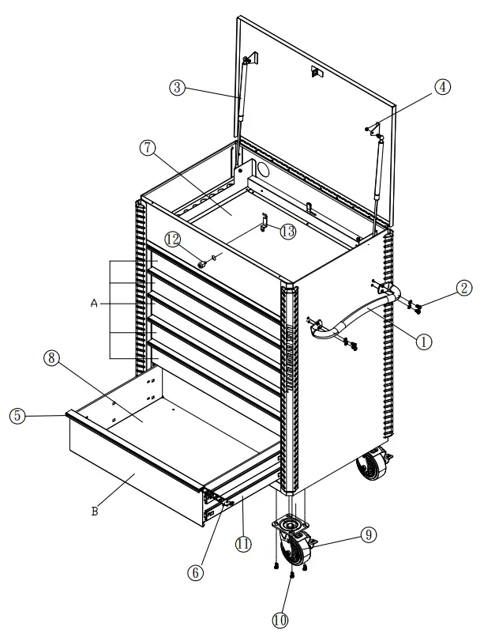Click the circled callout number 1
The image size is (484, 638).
click(x=423, y=342)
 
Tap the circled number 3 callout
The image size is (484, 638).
click(x=179, y=89)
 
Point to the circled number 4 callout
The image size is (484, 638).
click(x=443, y=89)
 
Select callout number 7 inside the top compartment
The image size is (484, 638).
click(x=147, y=147)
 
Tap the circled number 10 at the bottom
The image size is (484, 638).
click(x=279, y=620)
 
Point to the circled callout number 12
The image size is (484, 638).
click(x=173, y=238)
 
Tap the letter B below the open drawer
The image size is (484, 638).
click(x=95, y=511)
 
